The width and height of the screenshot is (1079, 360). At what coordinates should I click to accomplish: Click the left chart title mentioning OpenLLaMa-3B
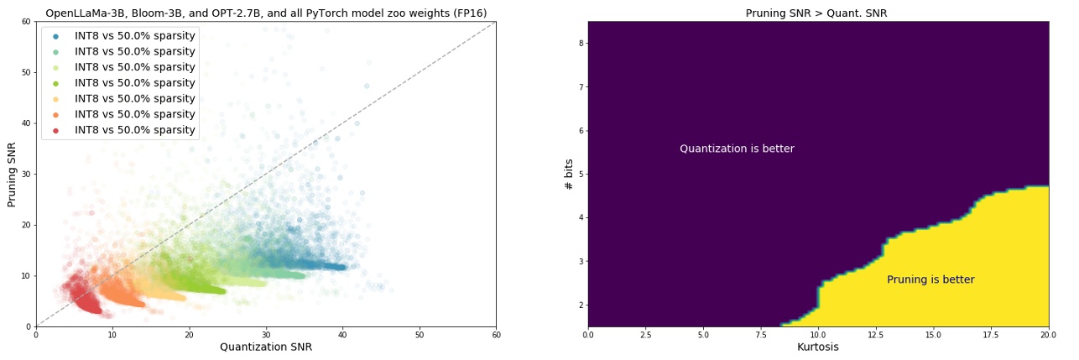click(x=266, y=13)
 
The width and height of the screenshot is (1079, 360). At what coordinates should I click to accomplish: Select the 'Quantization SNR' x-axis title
click(x=266, y=347)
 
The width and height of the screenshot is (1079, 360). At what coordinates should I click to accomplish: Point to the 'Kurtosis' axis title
click(x=818, y=347)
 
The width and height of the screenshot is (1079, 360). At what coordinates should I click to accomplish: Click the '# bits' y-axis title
click(x=570, y=174)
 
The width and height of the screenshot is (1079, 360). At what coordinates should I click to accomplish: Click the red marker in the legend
click(x=55, y=130)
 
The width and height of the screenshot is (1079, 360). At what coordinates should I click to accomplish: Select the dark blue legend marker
click(x=55, y=36)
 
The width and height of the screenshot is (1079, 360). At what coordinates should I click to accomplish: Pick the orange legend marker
click(x=55, y=114)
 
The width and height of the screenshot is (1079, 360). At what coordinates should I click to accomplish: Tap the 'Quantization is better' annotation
click(x=737, y=149)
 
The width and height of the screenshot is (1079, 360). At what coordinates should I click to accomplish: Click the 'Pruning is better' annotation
click(x=930, y=279)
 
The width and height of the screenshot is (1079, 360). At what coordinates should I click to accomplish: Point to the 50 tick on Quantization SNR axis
click(x=420, y=334)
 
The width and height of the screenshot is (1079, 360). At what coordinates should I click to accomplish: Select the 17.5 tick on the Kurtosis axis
click(x=992, y=334)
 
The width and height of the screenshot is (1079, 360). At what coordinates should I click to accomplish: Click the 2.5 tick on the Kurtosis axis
click(x=645, y=334)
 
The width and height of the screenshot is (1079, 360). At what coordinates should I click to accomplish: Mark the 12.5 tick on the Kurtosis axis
click(x=876, y=334)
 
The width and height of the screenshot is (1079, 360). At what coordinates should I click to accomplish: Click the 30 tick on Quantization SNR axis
click(x=266, y=334)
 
